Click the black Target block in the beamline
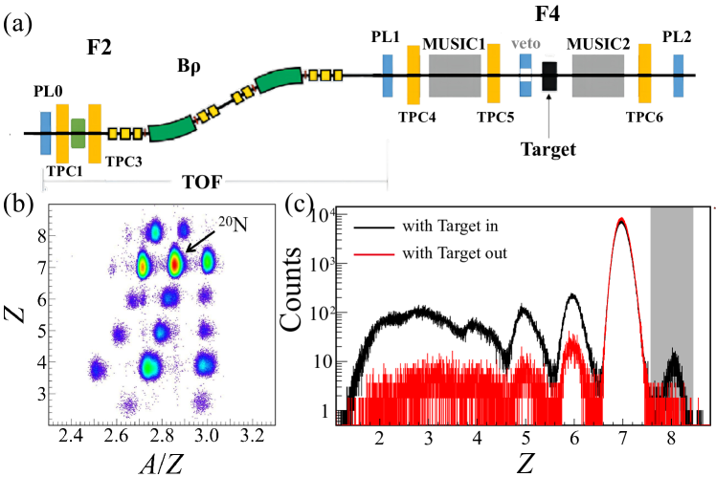549,76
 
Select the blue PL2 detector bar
678,75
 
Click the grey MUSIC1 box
455,75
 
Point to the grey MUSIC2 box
598,75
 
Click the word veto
526,43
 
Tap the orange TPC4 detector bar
414,75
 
